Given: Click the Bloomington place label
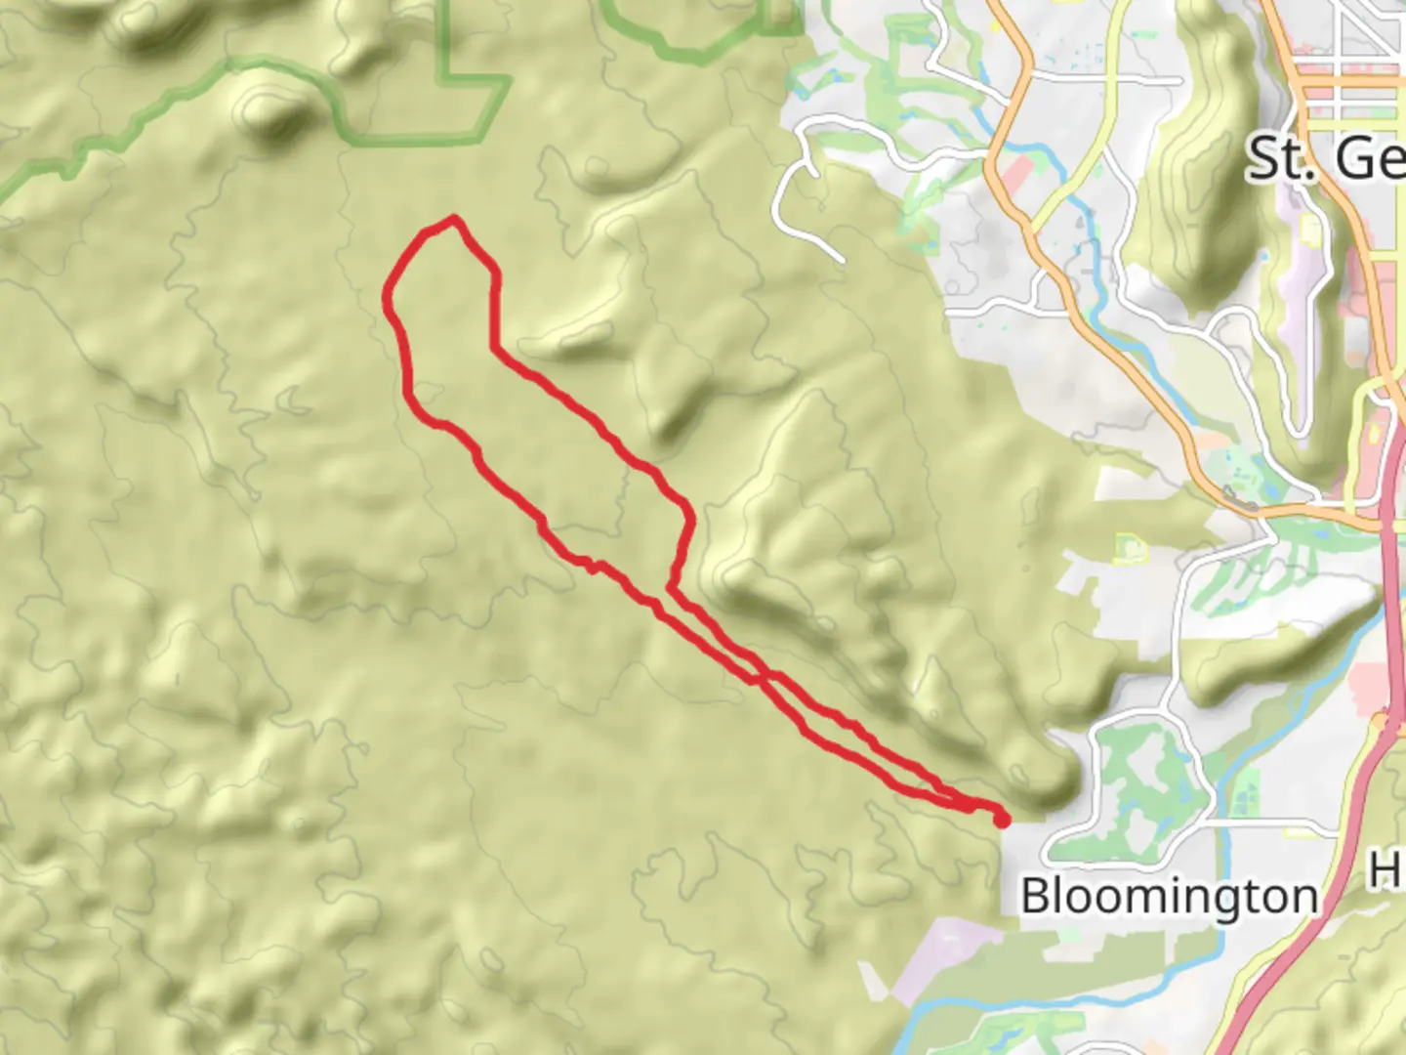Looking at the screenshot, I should [x=1168, y=896].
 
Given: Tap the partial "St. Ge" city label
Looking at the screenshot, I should [x=1325, y=158].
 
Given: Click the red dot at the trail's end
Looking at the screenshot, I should [x=1002, y=821].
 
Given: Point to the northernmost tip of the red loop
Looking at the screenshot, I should [x=453, y=219].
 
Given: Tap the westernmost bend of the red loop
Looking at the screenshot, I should [x=389, y=293].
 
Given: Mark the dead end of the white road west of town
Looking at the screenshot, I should [x=842, y=260].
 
